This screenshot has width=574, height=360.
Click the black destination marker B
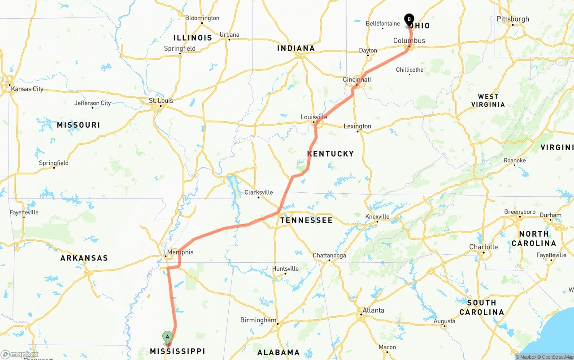409,19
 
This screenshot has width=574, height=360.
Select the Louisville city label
313,117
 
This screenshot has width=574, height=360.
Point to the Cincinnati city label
357,79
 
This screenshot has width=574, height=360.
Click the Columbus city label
409,41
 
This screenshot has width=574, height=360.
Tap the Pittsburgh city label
513,19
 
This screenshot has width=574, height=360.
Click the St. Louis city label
161,100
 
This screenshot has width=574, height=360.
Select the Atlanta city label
373,310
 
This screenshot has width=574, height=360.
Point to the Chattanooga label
329,256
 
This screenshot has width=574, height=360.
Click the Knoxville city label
377,216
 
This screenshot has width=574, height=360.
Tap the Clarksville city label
258,192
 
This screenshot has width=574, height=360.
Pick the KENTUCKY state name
330,154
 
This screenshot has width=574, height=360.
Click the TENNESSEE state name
306,220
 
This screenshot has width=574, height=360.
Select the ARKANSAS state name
84,258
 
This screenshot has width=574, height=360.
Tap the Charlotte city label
483,247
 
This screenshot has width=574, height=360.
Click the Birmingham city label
258,320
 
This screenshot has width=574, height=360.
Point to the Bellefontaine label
383,23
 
